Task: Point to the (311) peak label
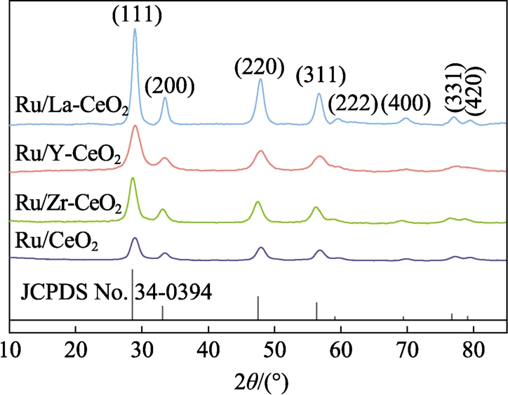pyautogui.click(x=321, y=74)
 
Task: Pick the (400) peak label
pyautogui.click(x=405, y=104)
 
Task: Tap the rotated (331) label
pyautogui.click(x=456, y=88)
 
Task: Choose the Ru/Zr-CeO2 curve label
pyautogui.click(x=69, y=205)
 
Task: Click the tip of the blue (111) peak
pyautogui.click(x=135, y=29)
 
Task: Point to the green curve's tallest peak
pyautogui.click(x=133, y=179)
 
